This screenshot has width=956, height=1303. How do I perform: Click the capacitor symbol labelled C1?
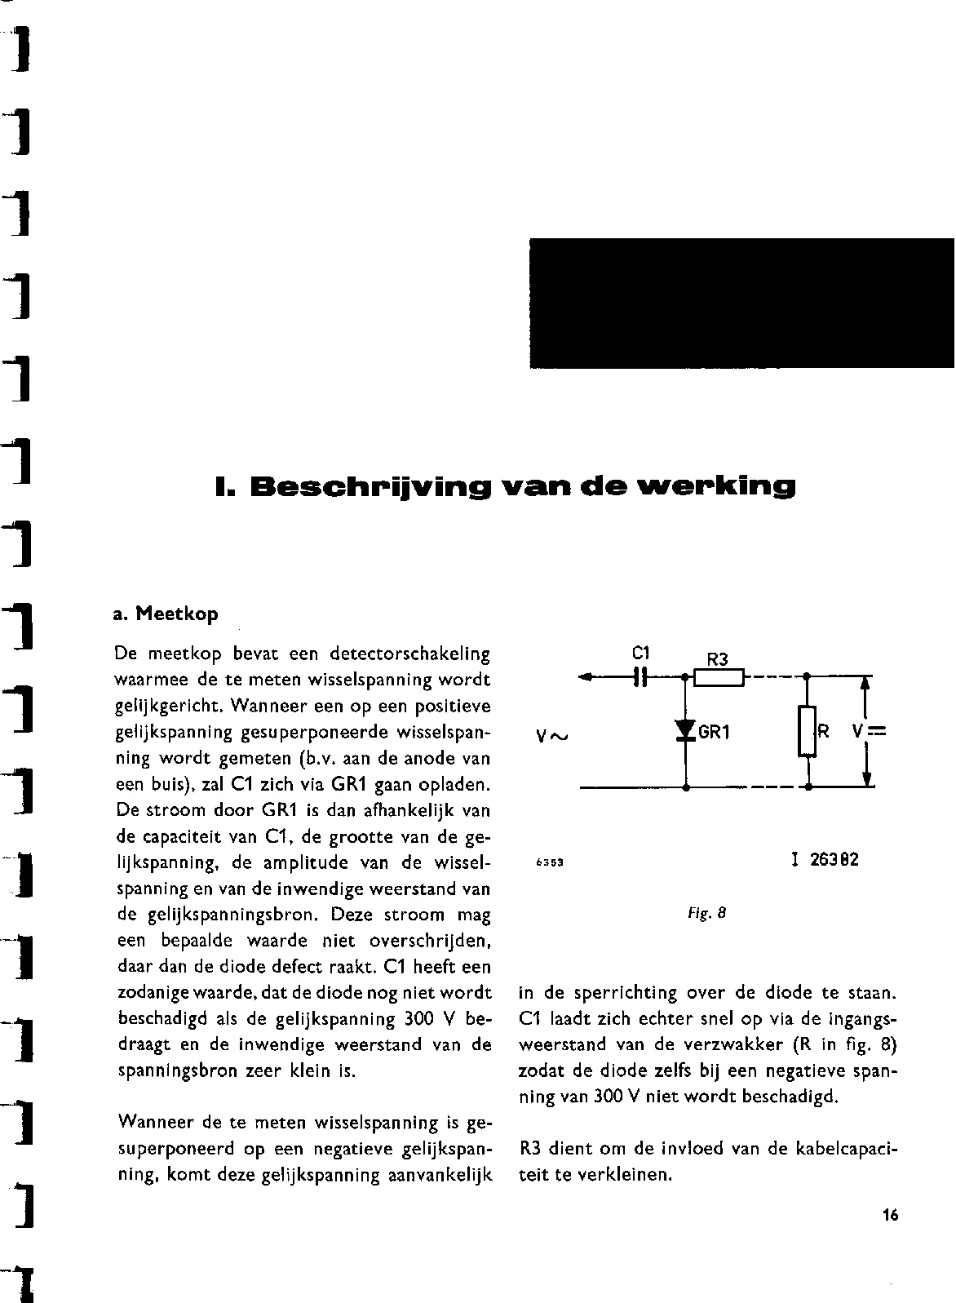(641, 676)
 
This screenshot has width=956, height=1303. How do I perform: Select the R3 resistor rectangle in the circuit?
(719, 676)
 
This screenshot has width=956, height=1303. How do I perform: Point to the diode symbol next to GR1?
(685, 732)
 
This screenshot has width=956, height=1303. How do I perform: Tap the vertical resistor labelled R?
(806, 731)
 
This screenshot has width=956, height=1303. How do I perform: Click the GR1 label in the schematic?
(714, 733)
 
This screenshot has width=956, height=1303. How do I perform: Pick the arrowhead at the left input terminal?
(585, 677)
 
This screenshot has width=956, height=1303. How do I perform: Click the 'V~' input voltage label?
(551, 737)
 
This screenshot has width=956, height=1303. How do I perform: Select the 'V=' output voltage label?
(869, 732)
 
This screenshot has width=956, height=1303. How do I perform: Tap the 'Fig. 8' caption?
(706, 914)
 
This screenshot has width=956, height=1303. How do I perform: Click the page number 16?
(889, 1216)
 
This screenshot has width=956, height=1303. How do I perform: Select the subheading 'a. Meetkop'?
(166, 613)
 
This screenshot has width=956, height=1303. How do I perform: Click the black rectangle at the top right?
(741, 303)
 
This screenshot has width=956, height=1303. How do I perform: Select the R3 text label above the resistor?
(717, 659)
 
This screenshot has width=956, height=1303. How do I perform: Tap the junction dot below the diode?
(685, 788)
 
